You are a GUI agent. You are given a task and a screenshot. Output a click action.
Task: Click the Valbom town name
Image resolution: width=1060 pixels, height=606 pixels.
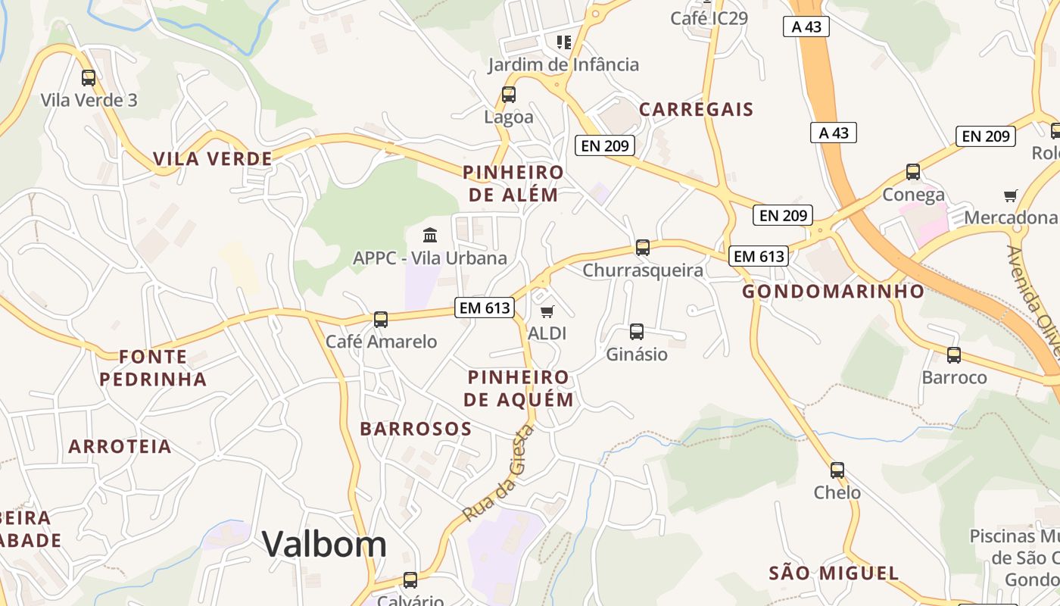324,544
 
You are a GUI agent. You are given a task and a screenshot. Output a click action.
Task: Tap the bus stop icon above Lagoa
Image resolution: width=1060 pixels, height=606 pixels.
509,95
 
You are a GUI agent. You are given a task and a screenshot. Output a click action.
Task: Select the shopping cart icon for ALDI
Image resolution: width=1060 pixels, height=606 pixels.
547,311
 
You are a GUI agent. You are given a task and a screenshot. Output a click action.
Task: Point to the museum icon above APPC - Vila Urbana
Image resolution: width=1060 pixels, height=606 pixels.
430,235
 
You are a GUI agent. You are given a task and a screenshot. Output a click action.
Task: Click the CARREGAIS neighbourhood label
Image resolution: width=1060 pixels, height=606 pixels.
697,109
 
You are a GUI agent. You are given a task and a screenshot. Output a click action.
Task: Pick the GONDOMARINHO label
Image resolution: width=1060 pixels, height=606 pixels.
833,291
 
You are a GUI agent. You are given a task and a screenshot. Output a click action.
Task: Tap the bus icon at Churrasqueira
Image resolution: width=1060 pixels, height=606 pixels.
643,247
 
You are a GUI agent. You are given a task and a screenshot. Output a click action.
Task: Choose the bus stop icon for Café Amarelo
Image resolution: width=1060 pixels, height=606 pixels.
381,319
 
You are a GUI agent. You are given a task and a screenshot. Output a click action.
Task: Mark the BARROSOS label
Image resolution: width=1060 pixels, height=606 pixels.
416,429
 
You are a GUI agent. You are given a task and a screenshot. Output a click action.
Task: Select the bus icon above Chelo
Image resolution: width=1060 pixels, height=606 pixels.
837,470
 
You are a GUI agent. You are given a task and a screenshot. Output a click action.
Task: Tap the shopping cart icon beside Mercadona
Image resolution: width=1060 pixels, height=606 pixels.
1010,196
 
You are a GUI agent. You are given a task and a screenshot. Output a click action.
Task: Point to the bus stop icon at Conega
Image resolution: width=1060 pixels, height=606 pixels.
913,171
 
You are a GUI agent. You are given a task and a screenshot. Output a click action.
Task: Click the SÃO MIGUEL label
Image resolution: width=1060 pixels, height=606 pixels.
834,573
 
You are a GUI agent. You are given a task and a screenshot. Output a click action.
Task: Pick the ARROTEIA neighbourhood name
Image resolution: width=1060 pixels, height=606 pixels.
120,446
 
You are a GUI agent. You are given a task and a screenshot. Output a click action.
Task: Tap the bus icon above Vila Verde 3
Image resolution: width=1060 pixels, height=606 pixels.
89,77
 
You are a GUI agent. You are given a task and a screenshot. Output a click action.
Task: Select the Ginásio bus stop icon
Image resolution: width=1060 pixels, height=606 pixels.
637,331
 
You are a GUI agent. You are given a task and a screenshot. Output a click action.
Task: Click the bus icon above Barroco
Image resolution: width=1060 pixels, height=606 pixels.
954,355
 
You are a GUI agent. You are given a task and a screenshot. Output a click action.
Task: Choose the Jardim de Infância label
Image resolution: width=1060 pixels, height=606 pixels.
563,64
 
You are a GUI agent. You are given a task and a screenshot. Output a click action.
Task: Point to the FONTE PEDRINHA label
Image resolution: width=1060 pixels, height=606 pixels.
153,367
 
